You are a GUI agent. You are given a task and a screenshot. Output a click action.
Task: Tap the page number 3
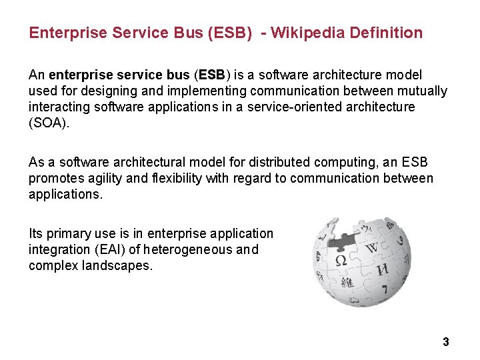pyautogui.click(x=445, y=342)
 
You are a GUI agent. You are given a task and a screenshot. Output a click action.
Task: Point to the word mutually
pyautogui.click(x=424, y=91)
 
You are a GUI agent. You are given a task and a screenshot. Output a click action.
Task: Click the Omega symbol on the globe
pyautogui.click(x=339, y=259)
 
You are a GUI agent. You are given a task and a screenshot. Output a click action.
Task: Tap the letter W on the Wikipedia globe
pyautogui.click(x=371, y=249)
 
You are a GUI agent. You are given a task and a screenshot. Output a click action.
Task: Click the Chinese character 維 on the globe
pyautogui.click(x=347, y=283)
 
